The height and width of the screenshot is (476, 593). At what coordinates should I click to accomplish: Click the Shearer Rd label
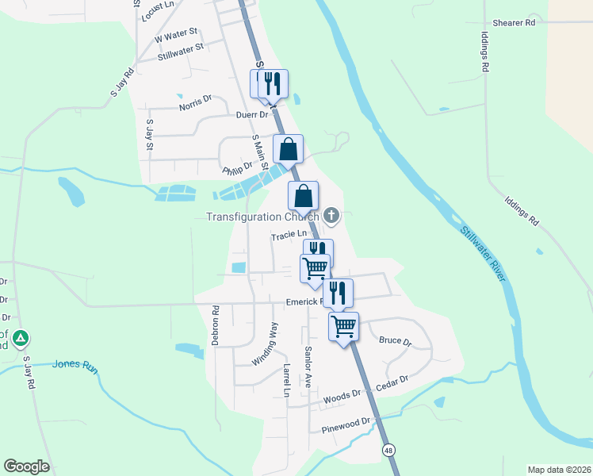pos(514,23)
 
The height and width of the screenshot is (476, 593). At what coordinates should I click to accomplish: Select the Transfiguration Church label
pos(262,217)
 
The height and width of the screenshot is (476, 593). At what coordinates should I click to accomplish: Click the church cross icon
pos(331,215)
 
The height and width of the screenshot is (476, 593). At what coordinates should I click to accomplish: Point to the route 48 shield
pos(388,450)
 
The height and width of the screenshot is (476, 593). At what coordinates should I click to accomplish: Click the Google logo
pos(26,466)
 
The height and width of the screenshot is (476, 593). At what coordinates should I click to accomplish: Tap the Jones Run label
pos(74,365)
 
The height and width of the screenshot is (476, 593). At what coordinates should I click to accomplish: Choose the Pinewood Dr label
pos(346,425)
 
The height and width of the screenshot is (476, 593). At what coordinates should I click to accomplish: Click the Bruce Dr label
pos(395,342)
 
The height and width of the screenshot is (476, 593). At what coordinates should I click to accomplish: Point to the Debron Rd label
pos(215,321)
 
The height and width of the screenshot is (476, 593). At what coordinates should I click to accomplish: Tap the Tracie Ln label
pos(289,235)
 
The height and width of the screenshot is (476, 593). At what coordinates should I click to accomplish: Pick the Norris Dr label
pos(195,102)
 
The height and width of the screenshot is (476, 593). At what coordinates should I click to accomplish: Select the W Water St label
pos(176,35)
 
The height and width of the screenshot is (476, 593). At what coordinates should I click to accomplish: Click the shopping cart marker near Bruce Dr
pos(344,326)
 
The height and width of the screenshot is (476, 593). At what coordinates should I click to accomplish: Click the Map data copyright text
pos(559,469)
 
